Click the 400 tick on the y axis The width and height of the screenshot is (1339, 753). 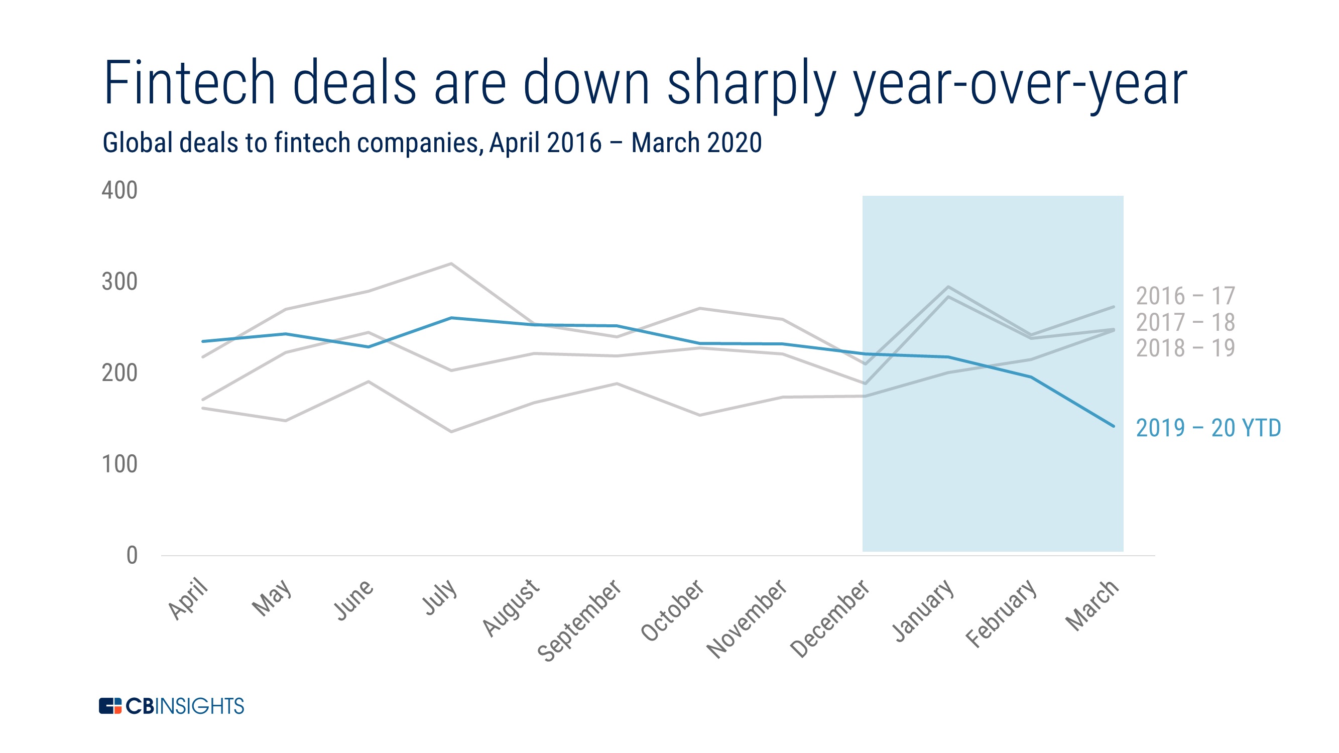119,191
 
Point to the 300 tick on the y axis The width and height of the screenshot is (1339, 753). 119,282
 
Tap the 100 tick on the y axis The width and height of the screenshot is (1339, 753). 119,464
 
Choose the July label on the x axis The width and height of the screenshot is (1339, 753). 440,597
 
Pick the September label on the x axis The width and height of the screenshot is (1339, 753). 579,620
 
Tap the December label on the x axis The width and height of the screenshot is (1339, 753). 829,618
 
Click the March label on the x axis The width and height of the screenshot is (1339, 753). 1091,605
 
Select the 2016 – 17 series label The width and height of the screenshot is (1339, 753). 1185,297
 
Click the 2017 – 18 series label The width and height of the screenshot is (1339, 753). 1185,323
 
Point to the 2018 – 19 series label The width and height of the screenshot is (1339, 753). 1185,348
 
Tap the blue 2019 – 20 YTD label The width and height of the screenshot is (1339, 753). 1208,429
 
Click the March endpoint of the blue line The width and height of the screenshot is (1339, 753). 1114,426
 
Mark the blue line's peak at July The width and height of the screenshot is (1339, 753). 451,318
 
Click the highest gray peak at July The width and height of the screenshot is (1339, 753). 451,264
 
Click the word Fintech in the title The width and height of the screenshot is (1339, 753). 189,83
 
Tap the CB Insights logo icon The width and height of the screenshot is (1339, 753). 109,706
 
